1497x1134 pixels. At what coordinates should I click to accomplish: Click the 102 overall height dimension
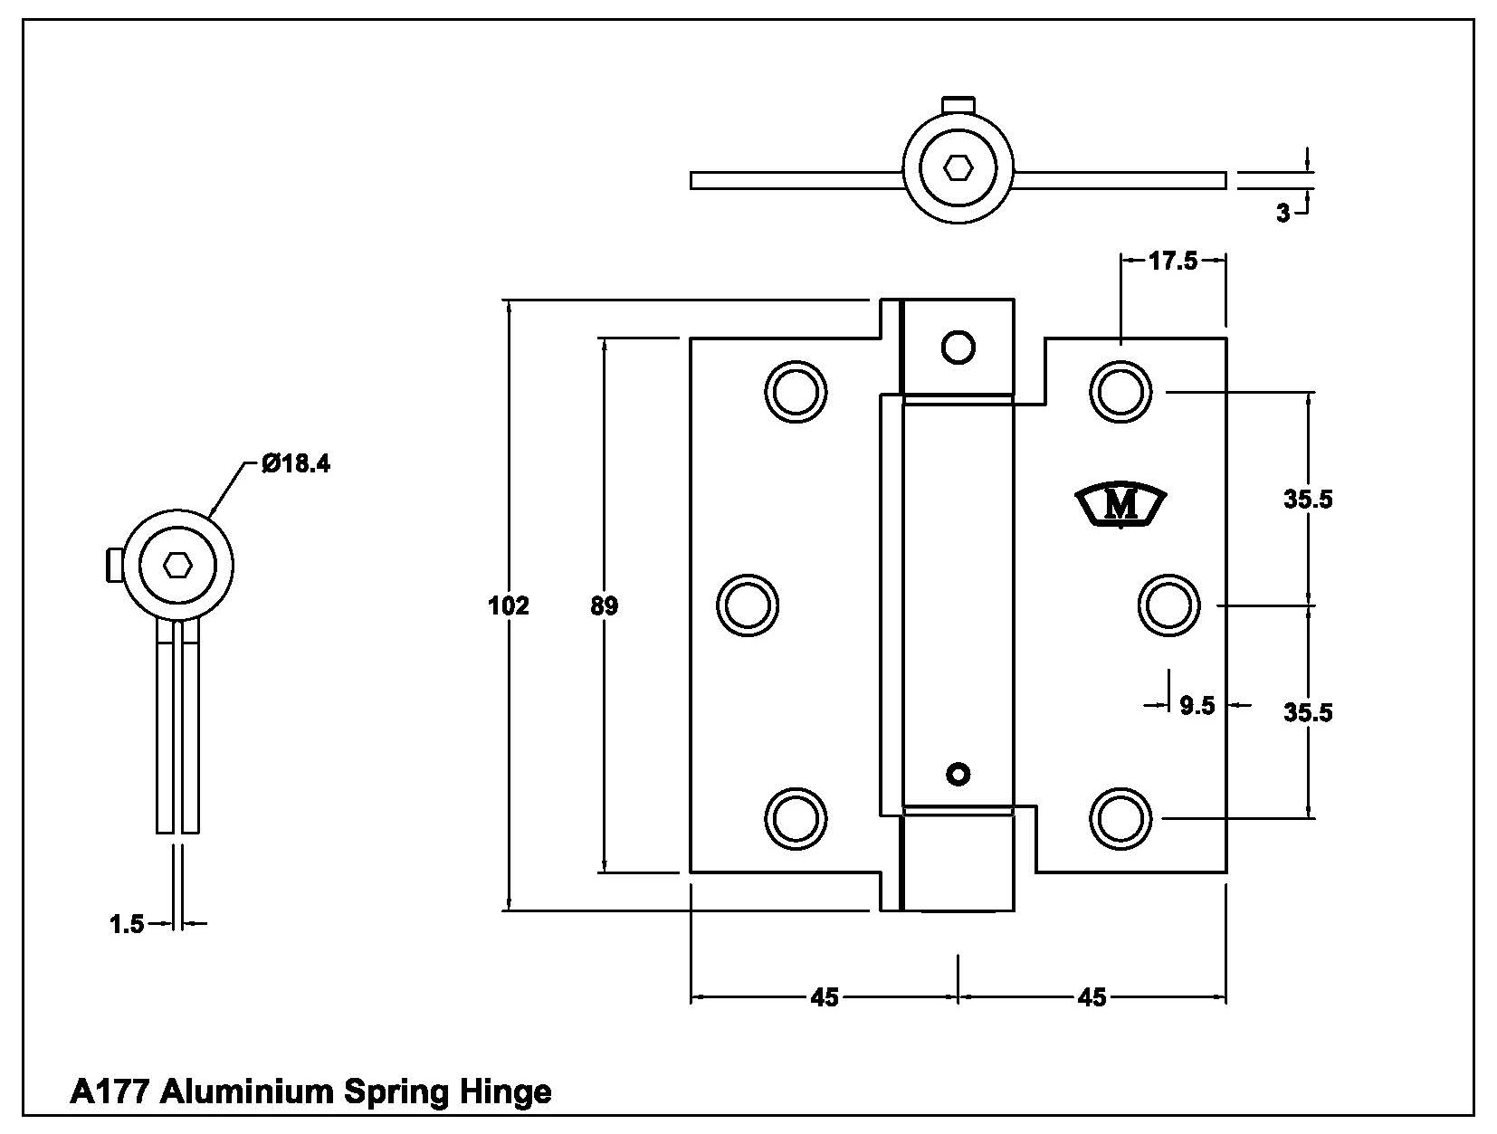click(508, 605)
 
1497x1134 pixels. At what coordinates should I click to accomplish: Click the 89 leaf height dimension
click(604, 605)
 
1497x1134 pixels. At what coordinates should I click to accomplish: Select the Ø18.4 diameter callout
click(295, 464)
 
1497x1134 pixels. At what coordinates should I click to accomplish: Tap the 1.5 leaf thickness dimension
click(126, 924)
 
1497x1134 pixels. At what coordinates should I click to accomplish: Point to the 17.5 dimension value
click(1172, 261)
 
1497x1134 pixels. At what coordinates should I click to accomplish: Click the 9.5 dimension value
click(1197, 705)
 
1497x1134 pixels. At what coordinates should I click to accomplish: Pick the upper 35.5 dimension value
click(1308, 499)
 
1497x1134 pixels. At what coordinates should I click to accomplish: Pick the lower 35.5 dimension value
click(1308, 712)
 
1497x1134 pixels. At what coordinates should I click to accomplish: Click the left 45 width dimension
click(824, 997)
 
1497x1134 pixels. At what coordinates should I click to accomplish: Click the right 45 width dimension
click(1092, 997)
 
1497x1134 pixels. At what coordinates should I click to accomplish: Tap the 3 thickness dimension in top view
click(1282, 214)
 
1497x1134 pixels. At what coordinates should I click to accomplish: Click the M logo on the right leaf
click(1121, 505)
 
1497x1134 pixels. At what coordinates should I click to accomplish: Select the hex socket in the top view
click(958, 167)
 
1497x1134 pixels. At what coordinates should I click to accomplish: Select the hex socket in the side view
click(178, 566)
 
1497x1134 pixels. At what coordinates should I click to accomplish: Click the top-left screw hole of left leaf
click(796, 391)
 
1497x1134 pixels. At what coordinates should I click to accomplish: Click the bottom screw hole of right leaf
click(1120, 818)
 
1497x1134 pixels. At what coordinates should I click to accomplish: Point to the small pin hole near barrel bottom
click(958, 774)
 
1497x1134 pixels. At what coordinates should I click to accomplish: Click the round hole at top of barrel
click(958, 346)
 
